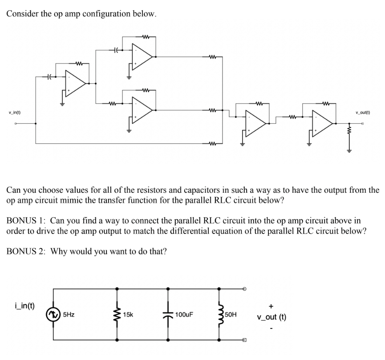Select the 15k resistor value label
128,315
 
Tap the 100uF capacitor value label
184,315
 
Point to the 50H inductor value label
231,315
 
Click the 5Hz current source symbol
54,314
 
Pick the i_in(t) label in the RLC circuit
24,306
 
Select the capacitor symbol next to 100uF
168,314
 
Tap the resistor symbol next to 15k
117,314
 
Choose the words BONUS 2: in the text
27,251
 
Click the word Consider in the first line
22,13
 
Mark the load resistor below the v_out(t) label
350,132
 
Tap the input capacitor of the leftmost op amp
50,77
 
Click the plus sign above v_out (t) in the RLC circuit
271,306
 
